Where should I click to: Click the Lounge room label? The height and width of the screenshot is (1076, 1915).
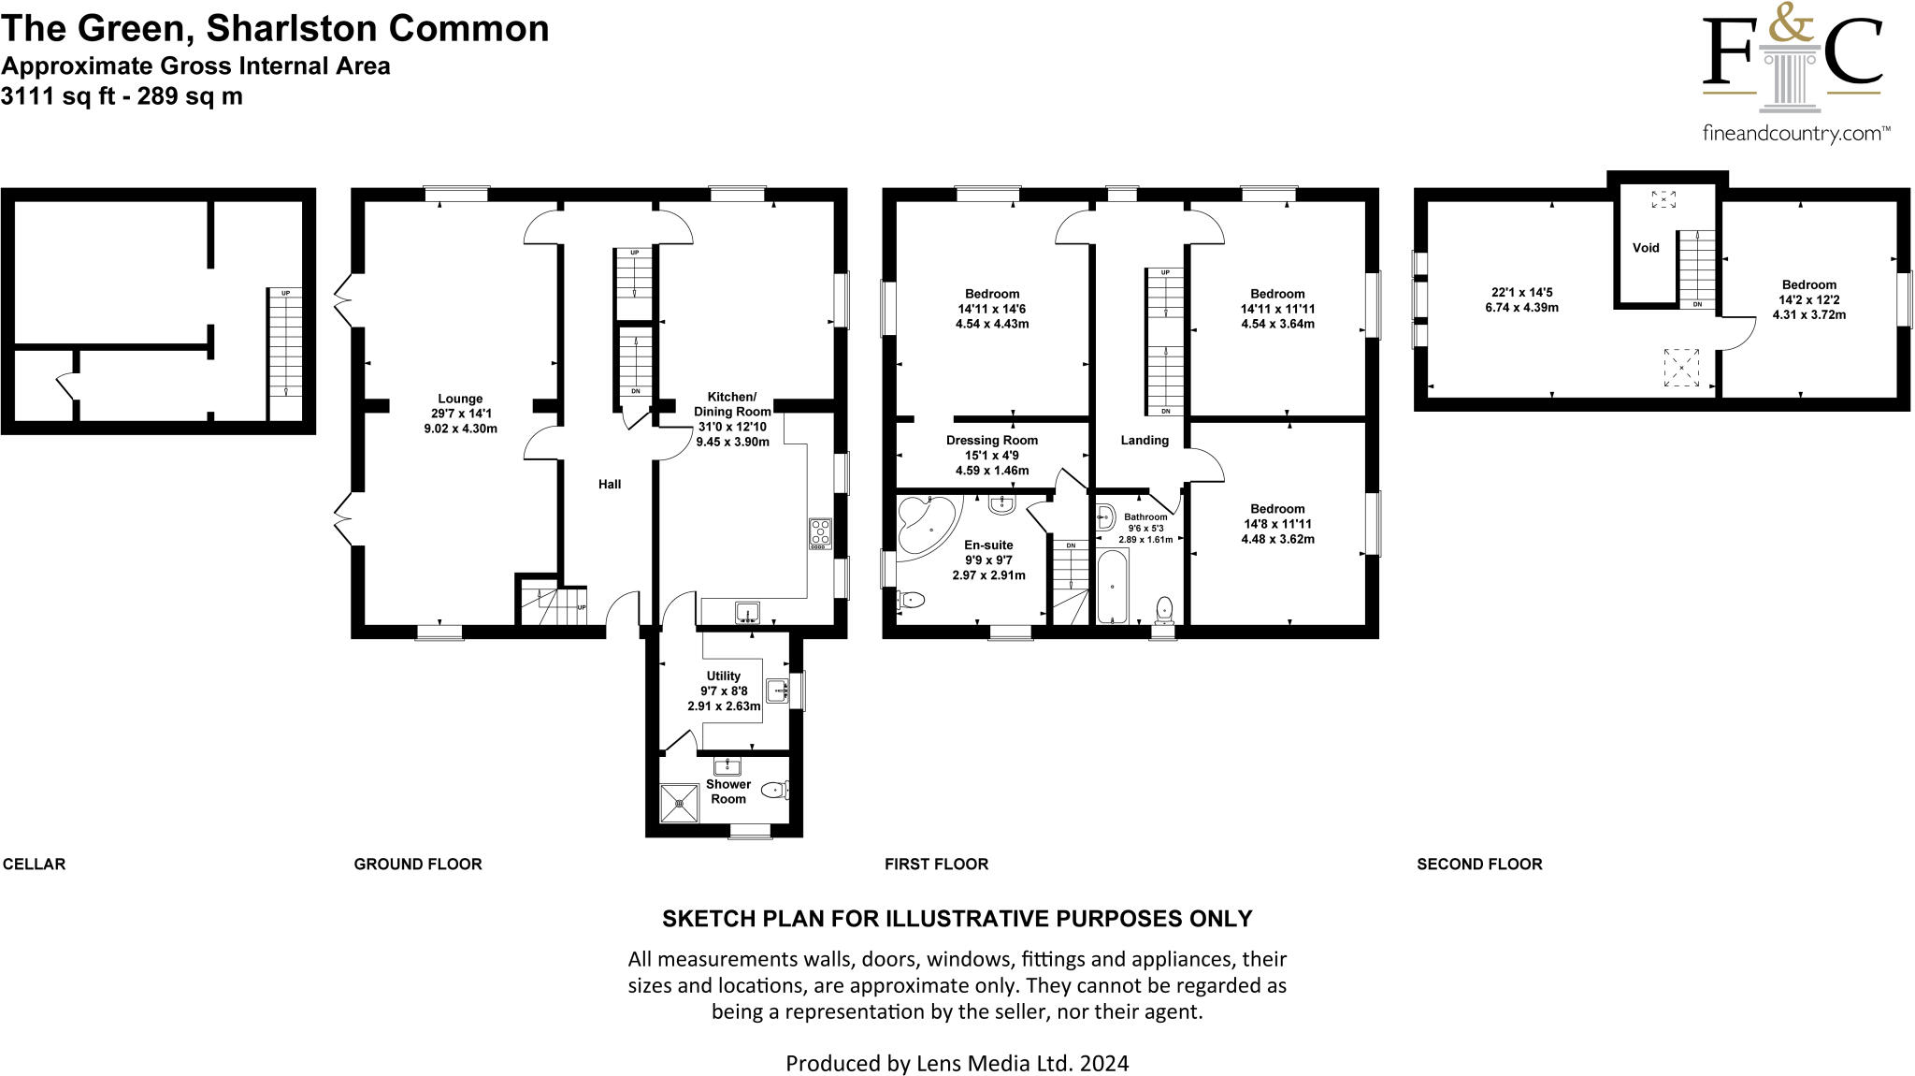[x=459, y=400]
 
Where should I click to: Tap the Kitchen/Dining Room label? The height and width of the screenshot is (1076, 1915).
[x=732, y=404]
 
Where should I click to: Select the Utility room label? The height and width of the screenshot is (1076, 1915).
[x=723, y=676]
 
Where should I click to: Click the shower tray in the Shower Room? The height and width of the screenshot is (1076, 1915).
[x=680, y=803]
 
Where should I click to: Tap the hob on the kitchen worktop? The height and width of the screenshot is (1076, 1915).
[x=820, y=533]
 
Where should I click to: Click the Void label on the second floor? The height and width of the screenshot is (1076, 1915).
[x=1646, y=248]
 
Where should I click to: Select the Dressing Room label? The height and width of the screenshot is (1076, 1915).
[x=991, y=440]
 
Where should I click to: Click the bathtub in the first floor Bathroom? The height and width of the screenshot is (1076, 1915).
[x=1112, y=587]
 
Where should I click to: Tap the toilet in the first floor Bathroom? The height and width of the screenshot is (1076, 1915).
[x=1164, y=609]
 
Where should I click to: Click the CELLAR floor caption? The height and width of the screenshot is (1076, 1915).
[x=35, y=864]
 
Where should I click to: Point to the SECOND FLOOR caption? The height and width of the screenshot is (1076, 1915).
[x=1479, y=864]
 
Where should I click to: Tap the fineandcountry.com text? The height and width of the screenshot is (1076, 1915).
[x=1795, y=133]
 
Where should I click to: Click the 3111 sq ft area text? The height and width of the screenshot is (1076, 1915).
[x=122, y=96]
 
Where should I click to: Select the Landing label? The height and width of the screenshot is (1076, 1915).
[x=1145, y=440]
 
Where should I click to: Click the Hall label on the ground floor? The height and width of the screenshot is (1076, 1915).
[x=610, y=484]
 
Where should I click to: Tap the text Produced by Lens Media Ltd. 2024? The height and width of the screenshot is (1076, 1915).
[x=957, y=1063]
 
